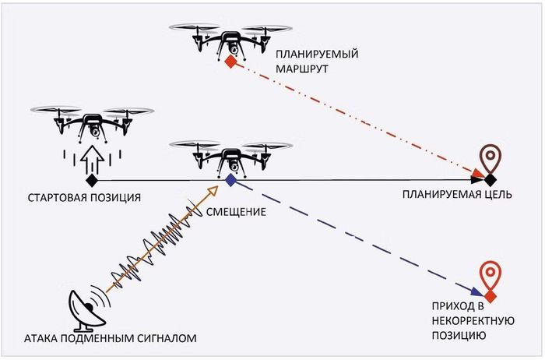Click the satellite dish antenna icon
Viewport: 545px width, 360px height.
pyautogui.click(x=87, y=309)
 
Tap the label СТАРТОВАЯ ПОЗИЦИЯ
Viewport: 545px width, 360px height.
pyautogui.click(x=84, y=198)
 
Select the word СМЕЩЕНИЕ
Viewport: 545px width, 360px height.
pyautogui.click(x=236, y=212)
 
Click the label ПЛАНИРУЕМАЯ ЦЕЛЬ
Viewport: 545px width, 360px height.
pyautogui.click(x=457, y=194)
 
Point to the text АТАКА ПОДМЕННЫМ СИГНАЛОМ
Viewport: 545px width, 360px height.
pyautogui.click(x=111, y=338)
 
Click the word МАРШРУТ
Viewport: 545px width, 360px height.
pyautogui.click(x=302, y=69)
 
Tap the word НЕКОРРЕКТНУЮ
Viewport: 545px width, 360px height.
pyautogui.click(x=473, y=321)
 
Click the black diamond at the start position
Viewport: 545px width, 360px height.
pyautogui.click(x=92, y=180)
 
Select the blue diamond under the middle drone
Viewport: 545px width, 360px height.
pyautogui.click(x=230, y=180)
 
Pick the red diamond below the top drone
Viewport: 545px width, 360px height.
pyautogui.click(x=230, y=62)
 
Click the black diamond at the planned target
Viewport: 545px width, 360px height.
pyautogui.click(x=490, y=180)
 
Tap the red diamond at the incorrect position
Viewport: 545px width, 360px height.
pyautogui.click(x=490, y=297)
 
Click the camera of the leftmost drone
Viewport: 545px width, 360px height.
pyautogui.click(x=95, y=131)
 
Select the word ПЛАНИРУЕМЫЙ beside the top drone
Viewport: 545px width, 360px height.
pyautogui.click(x=317, y=55)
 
